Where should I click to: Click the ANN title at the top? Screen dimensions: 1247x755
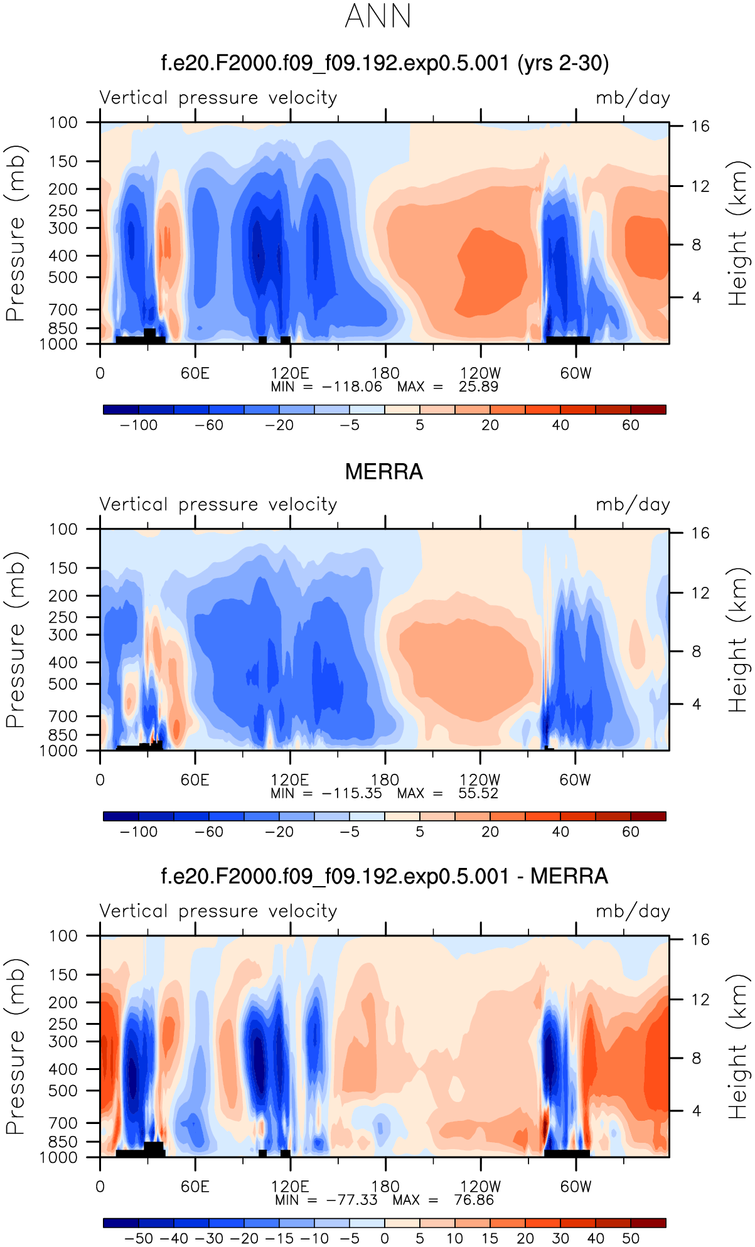pos(378,16)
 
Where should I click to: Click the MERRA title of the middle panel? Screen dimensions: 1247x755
pos(384,472)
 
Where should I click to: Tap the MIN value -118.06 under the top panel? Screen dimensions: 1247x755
pos(352,387)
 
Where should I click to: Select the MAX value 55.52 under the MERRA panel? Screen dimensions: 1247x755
pos(478,793)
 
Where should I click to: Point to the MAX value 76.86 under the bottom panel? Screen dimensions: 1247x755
pos(474,1200)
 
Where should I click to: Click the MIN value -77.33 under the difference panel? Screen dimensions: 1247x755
pos(352,1200)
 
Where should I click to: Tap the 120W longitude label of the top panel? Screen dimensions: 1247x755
pos(480,373)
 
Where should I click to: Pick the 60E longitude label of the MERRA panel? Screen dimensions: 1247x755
pos(195,780)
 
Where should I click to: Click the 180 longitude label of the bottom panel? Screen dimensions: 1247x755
pos(385,1187)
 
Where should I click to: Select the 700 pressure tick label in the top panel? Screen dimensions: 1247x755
pos(63,309)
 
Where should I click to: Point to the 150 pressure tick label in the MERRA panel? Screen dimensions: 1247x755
pos(63,568)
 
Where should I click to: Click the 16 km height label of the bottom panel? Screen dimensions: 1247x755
pos(700,939)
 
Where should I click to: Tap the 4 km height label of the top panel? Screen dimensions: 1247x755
pos(696,297)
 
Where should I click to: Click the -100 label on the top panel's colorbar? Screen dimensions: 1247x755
pos(139,425)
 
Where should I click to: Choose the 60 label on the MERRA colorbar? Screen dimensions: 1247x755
pos(630,832)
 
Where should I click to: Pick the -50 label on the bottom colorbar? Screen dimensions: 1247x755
pos(139,1239)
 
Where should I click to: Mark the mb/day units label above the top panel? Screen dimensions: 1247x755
pos(633,98)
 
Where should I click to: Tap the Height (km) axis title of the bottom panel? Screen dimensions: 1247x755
pos(739,1046)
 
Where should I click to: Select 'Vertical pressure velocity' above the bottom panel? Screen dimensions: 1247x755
pos(218,911)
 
